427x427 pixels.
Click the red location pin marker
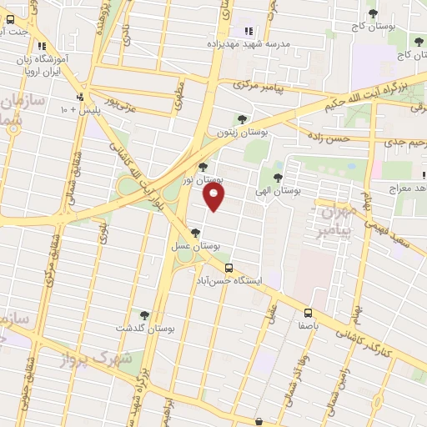(x=214, y=197)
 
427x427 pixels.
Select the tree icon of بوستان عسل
(x=195, y=233)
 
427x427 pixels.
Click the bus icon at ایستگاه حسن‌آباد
(x=229, y=267)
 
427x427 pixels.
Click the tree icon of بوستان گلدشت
(x=144, y=315)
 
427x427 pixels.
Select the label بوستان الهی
(x=279, y=191)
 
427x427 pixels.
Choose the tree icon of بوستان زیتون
(x=242, y=119)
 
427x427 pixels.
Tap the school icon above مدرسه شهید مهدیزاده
(x=248, y=31)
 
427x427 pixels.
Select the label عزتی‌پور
(x=119, y=107)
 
